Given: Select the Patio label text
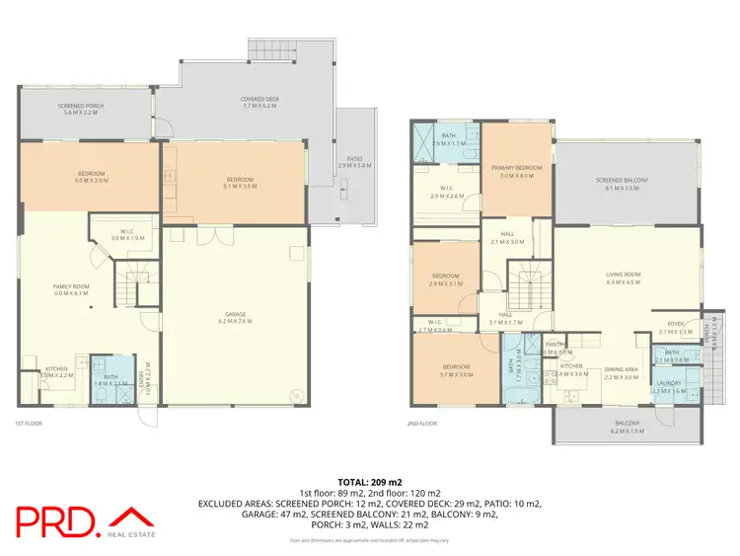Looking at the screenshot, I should pyautogui.click(x=352, y=164).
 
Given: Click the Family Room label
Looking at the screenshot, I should pyautogui.click(x=70, y=289).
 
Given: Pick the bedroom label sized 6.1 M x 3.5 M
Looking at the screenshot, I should pyautogui.click(x=241, y=182).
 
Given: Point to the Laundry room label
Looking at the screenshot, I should pyautogui.click(x=668, y=387).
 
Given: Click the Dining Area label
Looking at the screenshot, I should pyautogui.click(x=622, y=372).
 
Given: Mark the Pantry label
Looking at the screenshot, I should pyautogui.click(x=556, y=348).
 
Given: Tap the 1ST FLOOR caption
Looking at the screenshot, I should pyautogui.click(x=28, y=423).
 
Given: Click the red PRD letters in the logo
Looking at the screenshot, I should pyautogui.click(x=56, y=521).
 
